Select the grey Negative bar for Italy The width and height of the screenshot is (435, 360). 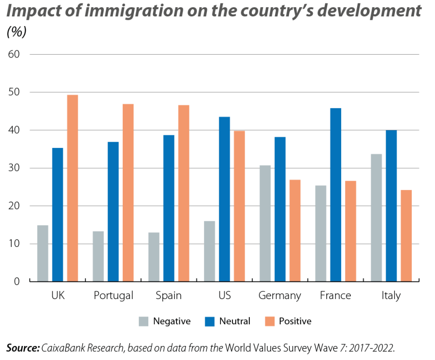(376, 217)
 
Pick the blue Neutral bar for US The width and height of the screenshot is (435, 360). (224, 199)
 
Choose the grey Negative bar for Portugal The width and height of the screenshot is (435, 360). (98, 256)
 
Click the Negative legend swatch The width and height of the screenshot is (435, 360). (144, 321)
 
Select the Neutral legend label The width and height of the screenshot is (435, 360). (234, 321)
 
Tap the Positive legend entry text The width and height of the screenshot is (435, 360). (295, 321)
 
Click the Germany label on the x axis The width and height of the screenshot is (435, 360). (279, 296)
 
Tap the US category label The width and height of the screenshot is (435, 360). (224, 296)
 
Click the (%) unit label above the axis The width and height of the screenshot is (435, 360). (16, 32)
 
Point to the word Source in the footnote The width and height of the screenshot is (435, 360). (22, 348)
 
